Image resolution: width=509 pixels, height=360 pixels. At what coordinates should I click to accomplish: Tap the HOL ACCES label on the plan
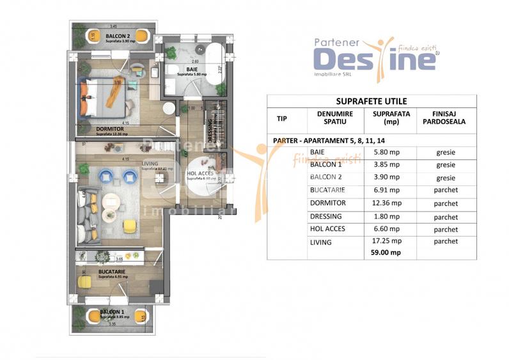pyautogui.click(x=200, y=173)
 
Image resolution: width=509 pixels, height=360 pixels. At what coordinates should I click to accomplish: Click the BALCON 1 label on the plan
pyautogui.click(x=112, y=313)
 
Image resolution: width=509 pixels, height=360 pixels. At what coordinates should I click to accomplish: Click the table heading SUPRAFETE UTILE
pyautogui.click(x=371, y=101)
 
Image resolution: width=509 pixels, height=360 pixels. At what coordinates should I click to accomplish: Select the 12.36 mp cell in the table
pyautogui.click(x=387, y=203)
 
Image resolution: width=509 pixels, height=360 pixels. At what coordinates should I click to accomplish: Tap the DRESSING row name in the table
pyautogui.click(x=325, y=216)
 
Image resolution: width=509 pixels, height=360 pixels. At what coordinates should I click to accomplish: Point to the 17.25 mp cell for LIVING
pyautogui.click(x=387, y=241)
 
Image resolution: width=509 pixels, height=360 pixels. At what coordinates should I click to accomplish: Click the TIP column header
pyautogui.click(x=281, y=118)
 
